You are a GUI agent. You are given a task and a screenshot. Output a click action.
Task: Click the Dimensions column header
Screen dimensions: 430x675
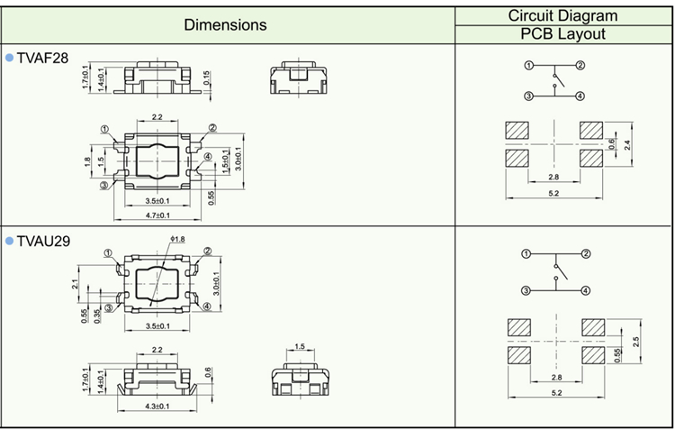point(225,25)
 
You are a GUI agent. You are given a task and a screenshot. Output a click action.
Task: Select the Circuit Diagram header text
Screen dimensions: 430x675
point(563,15)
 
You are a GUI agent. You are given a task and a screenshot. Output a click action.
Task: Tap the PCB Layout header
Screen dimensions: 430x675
point(563,34)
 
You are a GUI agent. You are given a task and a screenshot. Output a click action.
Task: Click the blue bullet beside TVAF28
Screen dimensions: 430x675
point(10,58)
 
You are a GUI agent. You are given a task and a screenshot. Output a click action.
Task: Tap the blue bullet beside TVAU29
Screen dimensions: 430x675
point(10,242)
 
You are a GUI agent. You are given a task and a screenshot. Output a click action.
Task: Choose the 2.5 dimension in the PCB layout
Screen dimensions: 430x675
point(636,343)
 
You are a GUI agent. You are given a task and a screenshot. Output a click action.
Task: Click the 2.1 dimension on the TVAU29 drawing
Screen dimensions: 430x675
point(75,285)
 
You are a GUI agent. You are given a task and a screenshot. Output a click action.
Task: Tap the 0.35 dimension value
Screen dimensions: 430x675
point(96,315)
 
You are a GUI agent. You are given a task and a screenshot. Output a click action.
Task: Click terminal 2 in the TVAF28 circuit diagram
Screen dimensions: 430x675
point(581,66)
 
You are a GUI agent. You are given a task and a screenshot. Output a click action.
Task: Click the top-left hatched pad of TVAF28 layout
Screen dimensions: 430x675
point(517,130)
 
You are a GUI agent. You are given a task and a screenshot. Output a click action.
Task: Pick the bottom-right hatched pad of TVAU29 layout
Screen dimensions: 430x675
point(592,355)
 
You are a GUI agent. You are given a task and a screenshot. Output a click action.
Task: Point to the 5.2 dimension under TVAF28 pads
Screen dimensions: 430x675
point(553,193)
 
